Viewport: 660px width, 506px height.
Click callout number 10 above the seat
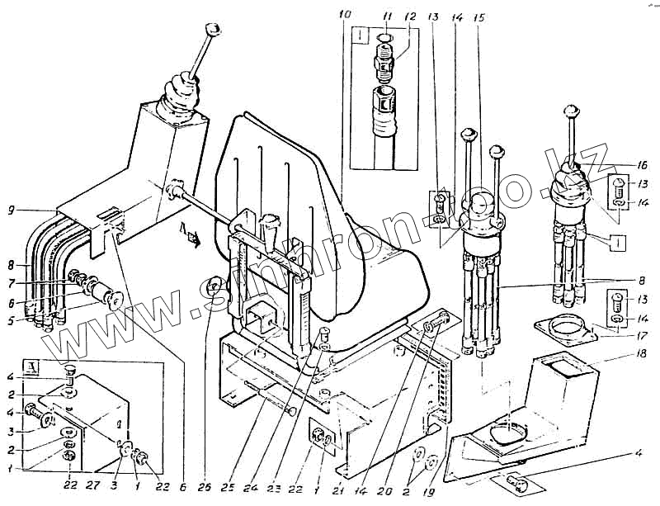click(344, 14)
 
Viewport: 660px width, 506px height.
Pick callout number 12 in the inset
click(410, 16)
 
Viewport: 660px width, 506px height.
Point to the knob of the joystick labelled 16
click(568, 110)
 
